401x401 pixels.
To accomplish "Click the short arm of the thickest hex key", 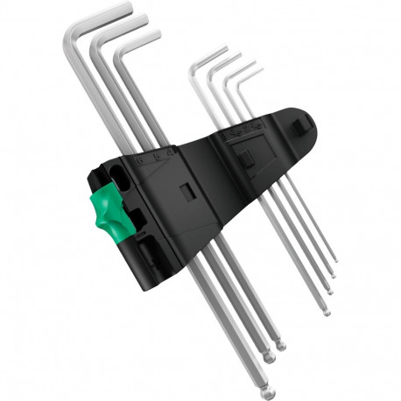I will pos(97,15).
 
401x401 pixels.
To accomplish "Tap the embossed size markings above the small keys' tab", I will pos(246,134).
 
